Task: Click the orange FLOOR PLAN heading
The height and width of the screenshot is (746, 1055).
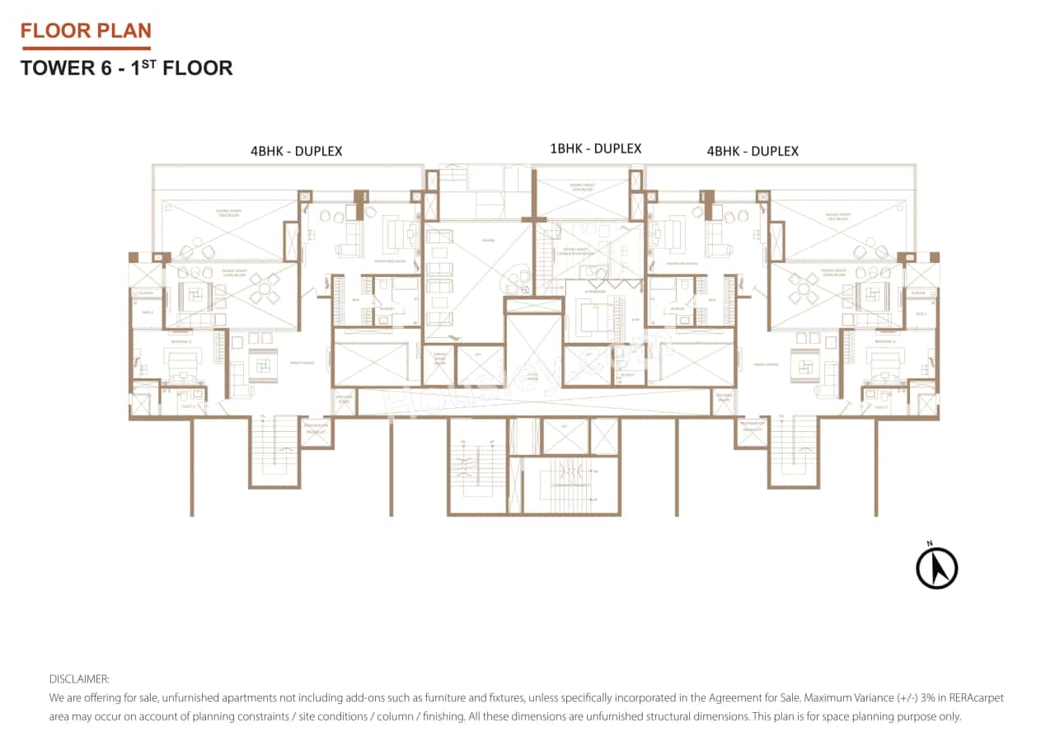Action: [x=86, y=31]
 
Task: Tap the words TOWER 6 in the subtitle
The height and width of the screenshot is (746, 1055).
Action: [x=59, y=68]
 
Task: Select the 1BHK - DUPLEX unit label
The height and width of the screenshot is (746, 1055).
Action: [x=595, y=149]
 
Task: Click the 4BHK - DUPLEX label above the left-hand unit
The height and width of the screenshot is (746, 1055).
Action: [x=296, y=152]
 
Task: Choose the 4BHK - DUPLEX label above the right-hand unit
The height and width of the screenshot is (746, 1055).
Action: [x=753, y=152]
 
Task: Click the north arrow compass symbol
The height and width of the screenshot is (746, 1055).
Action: [x=936, y=569]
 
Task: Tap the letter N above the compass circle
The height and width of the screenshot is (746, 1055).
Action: [x=929, y=542]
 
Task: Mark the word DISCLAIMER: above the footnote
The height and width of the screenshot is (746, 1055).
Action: [x=79, y=679]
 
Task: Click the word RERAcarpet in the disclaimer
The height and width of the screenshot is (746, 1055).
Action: [x=978, y=697]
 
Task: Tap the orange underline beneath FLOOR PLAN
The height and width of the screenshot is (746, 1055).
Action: [x=86, y=49]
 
